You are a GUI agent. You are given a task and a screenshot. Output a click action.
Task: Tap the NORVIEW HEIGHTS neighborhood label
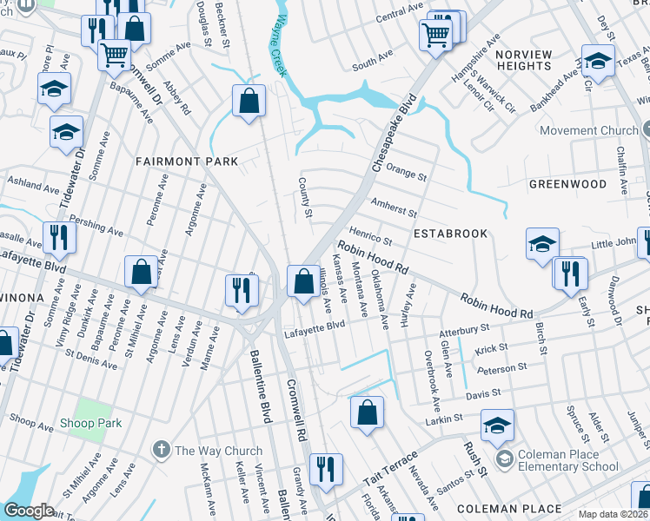tap(523, 61)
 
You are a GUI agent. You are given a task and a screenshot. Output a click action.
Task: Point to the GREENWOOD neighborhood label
tap(567, 184)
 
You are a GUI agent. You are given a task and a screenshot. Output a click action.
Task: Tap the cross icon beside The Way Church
tap(161, 450)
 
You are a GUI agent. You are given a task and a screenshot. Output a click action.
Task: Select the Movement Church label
tap(588, 131)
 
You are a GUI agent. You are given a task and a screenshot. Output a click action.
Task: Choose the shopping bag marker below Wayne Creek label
tap(249, 101)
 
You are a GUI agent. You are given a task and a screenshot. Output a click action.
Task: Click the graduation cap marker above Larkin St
tap(497, 425)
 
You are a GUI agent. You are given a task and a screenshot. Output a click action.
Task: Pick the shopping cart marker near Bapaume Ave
tap(115, 55)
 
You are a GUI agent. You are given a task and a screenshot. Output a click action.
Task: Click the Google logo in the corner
tap(30, 511)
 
